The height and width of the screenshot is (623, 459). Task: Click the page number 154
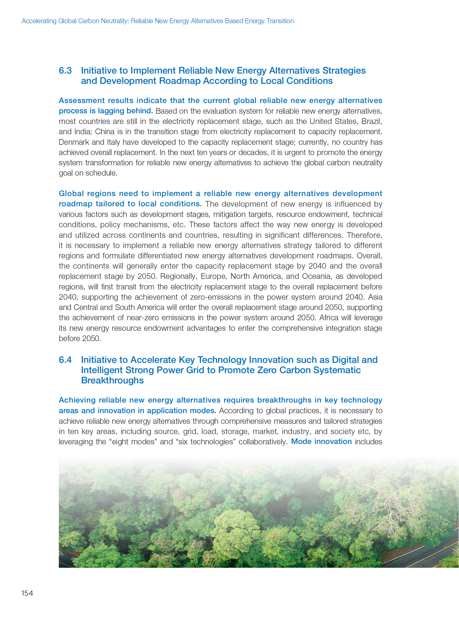click(x=27, y=593)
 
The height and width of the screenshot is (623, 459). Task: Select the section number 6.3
click(x=65, y=71)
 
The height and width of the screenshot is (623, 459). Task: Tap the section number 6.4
click(x=65, y=360)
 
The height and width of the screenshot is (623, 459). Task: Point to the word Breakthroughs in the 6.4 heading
click(x=112, y=380)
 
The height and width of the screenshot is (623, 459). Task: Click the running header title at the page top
click(x=158, y=21)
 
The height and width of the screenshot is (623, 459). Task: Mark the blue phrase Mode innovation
click(x=321, y=441)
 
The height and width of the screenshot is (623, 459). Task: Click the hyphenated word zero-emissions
click(x=216, y=297)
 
